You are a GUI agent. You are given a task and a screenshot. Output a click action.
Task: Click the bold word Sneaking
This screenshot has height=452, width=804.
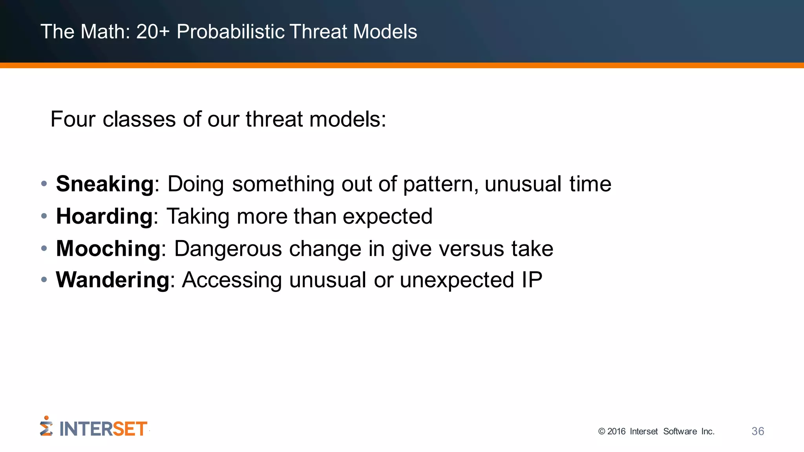[x=104, y=184]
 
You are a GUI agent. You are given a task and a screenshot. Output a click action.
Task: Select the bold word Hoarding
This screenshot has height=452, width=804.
[x=104, y=216]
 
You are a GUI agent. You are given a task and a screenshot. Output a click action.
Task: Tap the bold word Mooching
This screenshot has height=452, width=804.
[x=108, y=249]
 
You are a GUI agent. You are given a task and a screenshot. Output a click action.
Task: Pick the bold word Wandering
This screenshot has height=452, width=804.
[x=113, y=280]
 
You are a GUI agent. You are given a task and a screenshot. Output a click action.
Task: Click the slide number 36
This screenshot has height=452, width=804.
[x=758, y=431]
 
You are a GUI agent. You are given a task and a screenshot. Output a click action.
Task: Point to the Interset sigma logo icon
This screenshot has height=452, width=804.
[x=46, y=426]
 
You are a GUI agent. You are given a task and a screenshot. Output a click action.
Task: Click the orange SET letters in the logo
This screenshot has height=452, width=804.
[x=130, y=429]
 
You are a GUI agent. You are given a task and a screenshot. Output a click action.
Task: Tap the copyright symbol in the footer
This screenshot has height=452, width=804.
[x=601, y=432]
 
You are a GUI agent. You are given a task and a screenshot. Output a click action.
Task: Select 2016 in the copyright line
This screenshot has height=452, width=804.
[x=616, y=432]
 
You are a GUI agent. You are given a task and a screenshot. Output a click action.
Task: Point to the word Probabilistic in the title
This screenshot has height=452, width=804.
[x=230, y=31]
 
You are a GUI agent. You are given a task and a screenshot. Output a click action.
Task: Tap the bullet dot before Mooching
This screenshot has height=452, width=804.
[x=44, y=248]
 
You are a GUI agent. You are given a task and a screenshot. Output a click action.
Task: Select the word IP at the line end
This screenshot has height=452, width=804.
[x=532, y=280]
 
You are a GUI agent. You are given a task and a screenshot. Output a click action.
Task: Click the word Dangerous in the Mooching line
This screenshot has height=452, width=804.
[x=228, y=249]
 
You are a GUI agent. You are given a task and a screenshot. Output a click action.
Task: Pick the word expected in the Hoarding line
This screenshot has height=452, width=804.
[x=387, y=216]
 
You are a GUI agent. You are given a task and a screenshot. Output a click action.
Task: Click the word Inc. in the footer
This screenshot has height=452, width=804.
[x=708, y=432]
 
